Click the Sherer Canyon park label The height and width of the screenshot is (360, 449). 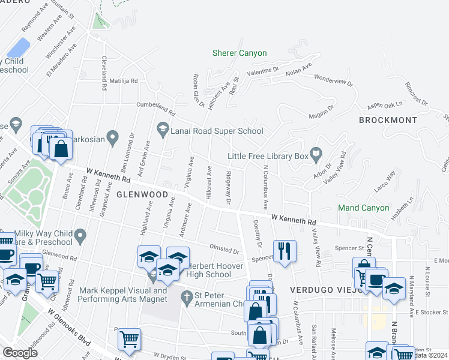(239, 53)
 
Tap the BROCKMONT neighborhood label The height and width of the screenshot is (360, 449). (388, 120)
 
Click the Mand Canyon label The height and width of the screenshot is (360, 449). (363, 208)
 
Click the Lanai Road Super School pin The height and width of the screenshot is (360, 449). (162, 127)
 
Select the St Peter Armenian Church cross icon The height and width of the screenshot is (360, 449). (187, 296)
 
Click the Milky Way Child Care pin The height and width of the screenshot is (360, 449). (79, 234)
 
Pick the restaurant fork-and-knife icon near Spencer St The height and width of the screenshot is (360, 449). (285, 250)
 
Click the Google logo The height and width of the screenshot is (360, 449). (20, 352)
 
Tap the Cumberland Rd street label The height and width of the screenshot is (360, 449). (154, 108)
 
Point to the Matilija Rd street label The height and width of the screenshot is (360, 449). (123, 80)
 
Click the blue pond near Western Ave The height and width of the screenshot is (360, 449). (19, 47)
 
